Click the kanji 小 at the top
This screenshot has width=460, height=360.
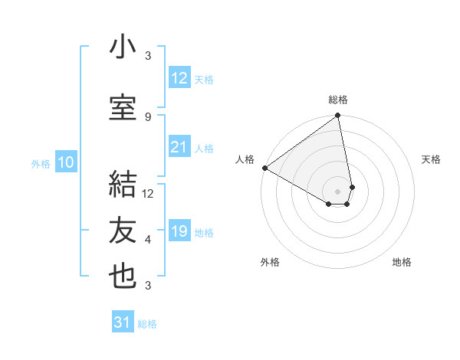123,47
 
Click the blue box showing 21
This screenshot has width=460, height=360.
179,147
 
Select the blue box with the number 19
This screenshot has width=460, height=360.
179,231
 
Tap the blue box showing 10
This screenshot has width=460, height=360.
66,162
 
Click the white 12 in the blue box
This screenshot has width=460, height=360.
179,78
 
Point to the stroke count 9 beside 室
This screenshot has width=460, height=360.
148,116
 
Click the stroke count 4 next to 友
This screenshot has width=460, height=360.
148,240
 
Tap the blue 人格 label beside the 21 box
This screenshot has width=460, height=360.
204,148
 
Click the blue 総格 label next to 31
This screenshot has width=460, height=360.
147,324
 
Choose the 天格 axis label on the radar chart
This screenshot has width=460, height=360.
431,159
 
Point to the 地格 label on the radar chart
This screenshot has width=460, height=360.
402,262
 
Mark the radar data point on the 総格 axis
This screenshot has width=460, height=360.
338,116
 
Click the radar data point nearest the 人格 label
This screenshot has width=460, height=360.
264,168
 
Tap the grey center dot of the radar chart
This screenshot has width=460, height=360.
338,190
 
